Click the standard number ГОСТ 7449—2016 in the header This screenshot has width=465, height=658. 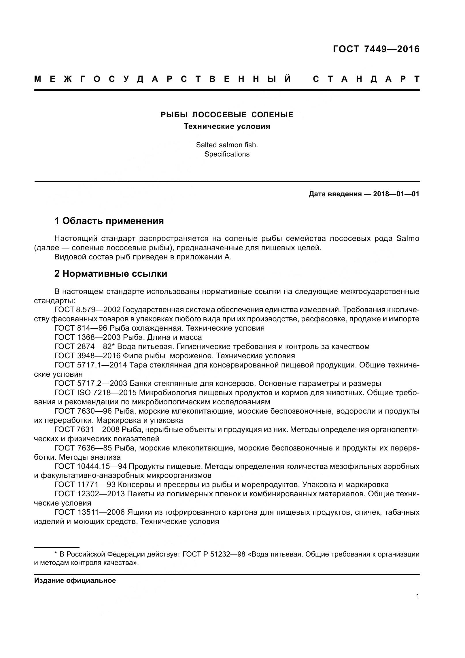click(376, 49)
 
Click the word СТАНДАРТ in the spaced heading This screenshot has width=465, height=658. click(366, 79)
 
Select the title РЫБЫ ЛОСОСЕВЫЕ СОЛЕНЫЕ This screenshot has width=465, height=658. click(227, 115)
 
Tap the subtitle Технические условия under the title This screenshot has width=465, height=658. click(227, 126)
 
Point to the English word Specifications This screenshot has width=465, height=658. click(227, 154)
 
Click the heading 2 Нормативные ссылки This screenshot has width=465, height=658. click(111, 274)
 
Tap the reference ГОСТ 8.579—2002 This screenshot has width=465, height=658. click(87, 310)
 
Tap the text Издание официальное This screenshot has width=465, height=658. click(75, 580)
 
